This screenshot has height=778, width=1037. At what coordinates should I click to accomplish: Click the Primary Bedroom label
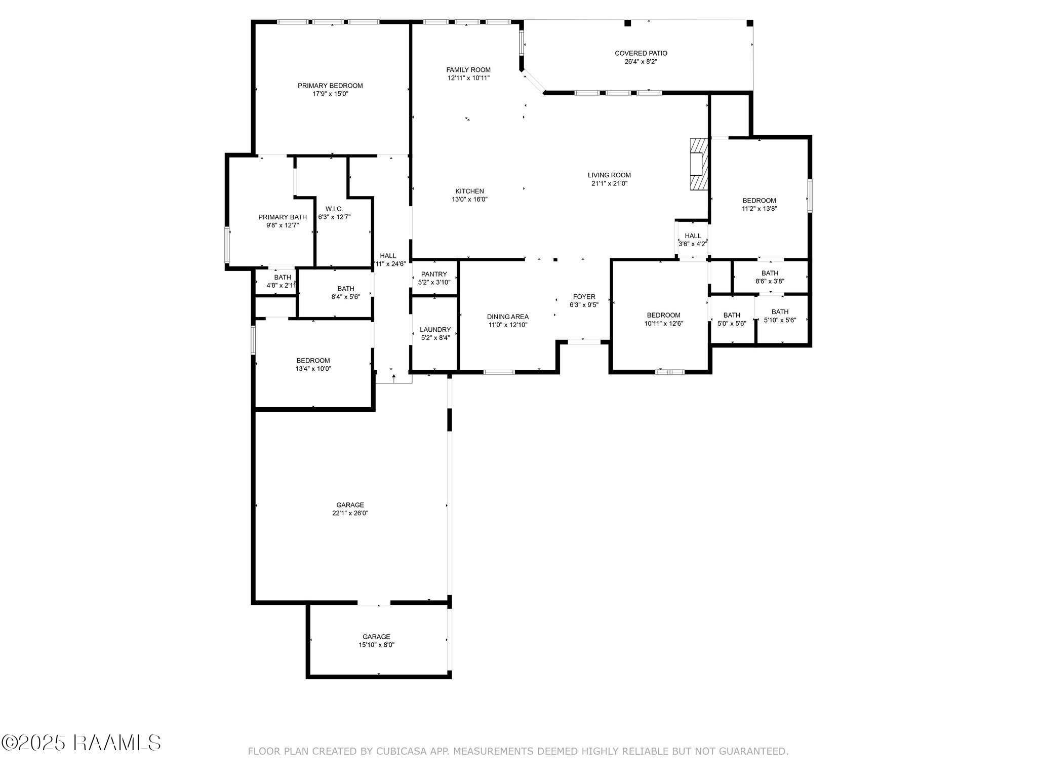coord(330,86)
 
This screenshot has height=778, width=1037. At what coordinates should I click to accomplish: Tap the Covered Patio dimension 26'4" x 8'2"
coord(641,61)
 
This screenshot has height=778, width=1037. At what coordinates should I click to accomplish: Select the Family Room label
coord(468,70)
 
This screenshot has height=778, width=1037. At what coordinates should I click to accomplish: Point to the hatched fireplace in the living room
coord(698,164)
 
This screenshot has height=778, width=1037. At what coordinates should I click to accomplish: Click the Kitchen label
coord(469,191)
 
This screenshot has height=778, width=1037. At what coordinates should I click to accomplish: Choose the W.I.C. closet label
coord(334,209)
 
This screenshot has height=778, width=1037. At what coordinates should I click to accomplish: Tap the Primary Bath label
coord(283,217)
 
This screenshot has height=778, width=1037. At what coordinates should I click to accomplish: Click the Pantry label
coord(434,274)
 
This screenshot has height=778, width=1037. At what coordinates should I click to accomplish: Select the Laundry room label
coord(435,330)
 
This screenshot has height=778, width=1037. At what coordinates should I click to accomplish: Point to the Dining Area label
coord(508,317)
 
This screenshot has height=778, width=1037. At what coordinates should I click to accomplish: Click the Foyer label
coord(584,297)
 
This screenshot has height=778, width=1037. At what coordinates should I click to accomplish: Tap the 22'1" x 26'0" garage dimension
coord(350,513)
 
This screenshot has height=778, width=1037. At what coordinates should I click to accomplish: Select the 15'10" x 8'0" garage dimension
coord(376,645)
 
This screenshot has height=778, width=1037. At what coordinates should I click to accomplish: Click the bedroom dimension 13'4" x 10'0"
coord(313,369)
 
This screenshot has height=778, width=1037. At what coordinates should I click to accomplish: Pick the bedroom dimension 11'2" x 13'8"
coord(759,208)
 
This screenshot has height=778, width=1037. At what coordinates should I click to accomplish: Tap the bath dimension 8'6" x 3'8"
coord(770,281)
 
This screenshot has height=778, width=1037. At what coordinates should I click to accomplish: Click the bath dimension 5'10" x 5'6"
coord(780,320)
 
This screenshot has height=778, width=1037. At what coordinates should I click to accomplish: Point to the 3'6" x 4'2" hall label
coord(693,244)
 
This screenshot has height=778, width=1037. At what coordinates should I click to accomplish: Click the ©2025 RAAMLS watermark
coord(81,743)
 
